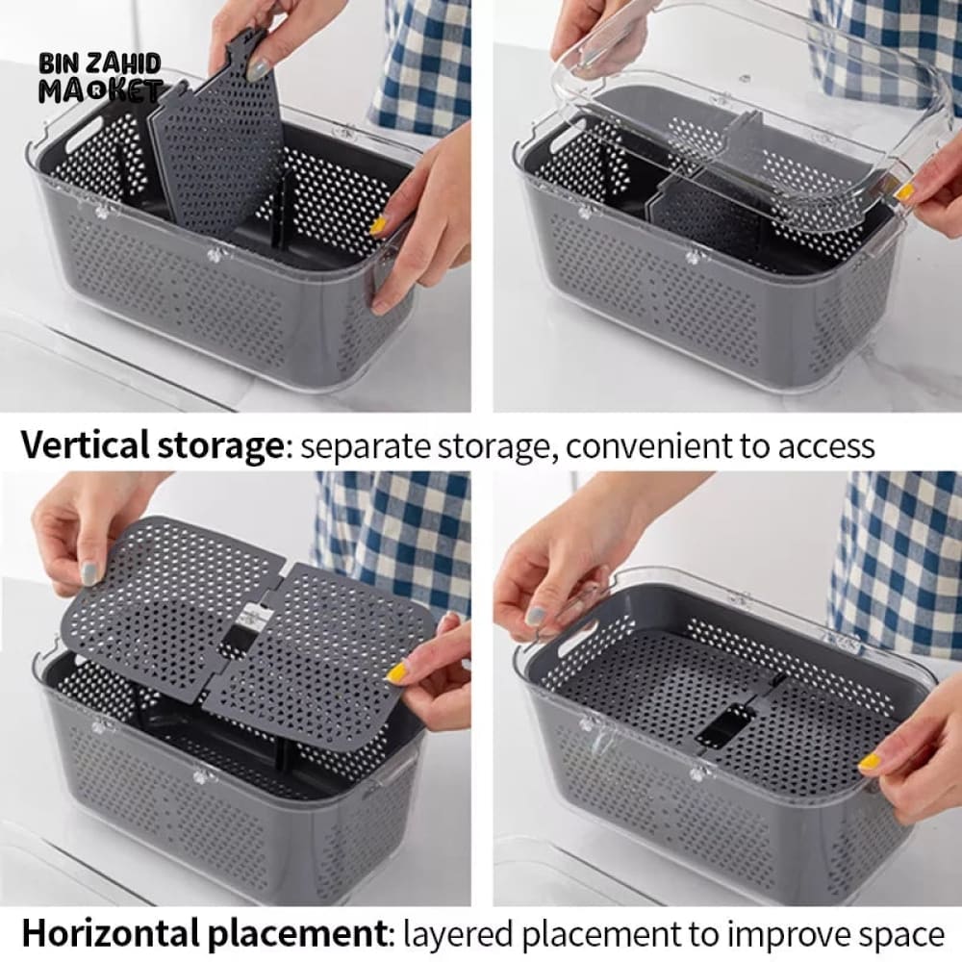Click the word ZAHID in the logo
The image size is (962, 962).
pos(126,63)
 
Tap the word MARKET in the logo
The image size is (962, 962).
pos(101,90)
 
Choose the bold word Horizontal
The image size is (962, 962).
pos(111,933)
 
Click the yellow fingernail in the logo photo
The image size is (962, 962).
pos(378,225)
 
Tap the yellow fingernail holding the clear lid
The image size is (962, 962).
pos(902,192)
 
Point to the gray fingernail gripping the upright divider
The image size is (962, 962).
pos(259,68)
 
